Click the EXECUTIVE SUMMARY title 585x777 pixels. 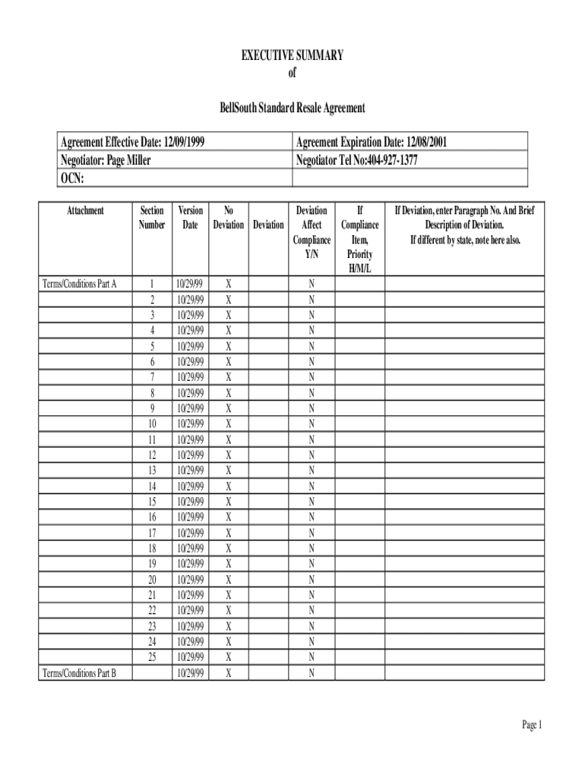pos(292,55)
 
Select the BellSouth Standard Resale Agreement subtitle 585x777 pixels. pos(292,108)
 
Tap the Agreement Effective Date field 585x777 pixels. pos(132,142)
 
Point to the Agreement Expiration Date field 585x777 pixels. pos(376,142)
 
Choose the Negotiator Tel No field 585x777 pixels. pos(356,160)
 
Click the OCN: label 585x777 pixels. pos(71,178)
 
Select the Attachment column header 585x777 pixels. pos(85,210)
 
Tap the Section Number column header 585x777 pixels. pos(152,217)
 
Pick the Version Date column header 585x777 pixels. pos(190,217)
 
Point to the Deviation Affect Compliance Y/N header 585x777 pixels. pos(311,232)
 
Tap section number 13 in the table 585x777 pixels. pos(152,470)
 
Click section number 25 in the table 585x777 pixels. pos(152,656)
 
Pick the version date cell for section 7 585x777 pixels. pos(190,377)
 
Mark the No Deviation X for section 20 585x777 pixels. pos(229,579)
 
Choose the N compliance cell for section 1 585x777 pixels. pos(311,284)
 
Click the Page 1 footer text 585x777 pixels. pos(531,725)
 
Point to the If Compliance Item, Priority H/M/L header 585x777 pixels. pos(360,240)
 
